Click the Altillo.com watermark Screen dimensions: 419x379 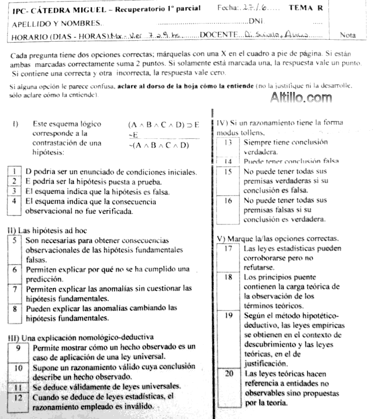(301, 98)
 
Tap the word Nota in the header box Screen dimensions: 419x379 (348, 35)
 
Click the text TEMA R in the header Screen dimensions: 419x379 (306, 8)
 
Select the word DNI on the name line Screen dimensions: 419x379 (255, 22)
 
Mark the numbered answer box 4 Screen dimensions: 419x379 (15, 202)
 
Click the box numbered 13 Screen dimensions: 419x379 (228, 142)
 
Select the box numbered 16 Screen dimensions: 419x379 (228, 201)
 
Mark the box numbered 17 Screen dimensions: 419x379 (228, 248)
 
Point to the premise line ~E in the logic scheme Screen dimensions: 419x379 (132, 135)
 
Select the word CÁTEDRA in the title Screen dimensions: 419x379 (48, 8)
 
